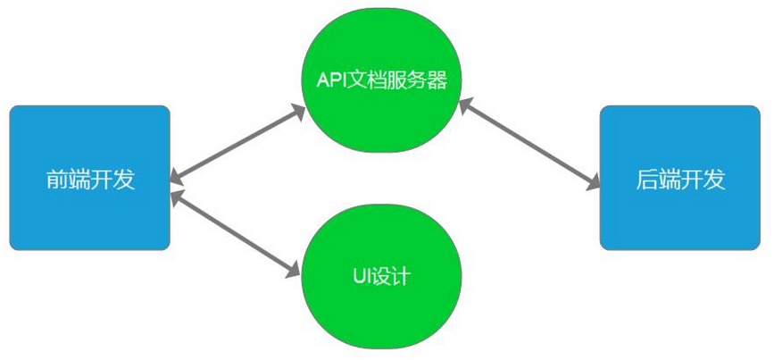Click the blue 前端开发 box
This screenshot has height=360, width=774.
(89, 178)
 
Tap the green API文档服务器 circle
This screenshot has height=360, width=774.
(381, 80)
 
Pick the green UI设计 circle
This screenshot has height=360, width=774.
(381, 276)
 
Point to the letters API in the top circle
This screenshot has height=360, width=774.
(332, 79)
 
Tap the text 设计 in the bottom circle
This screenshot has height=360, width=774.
(394, 276)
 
